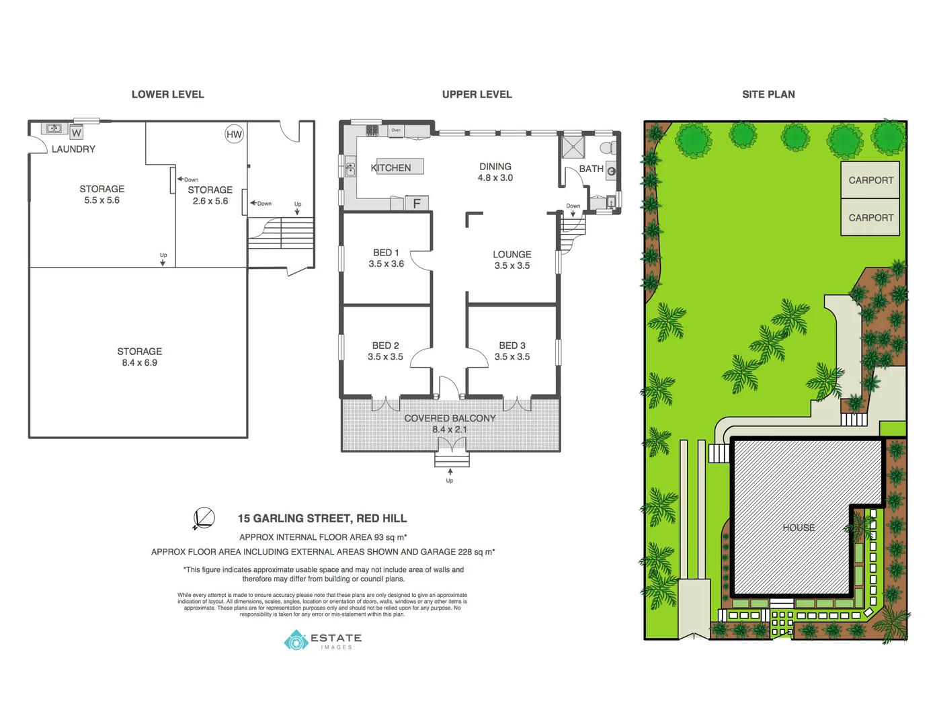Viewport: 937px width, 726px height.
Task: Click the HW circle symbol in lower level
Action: click(x=234, y=134)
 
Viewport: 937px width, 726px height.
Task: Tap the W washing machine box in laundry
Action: click(x=77, y=132)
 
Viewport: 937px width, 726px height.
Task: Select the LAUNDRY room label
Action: click(x=73, y=149)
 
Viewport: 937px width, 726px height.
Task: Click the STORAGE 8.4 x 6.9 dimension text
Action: click(x=139, y=363)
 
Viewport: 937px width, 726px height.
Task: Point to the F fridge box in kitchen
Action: click(x=417, y=203)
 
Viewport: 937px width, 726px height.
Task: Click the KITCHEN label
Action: click(x=391, y=168)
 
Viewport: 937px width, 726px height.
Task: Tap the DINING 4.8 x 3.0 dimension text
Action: click(x=495, y=178)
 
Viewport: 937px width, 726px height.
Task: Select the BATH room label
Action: click(x=591, y=169)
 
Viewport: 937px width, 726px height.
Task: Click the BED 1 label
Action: click(x=386, y=253)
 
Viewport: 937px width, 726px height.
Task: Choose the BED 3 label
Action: click(x=512, y=346)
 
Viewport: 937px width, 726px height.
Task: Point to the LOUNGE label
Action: click(x=512, y=255)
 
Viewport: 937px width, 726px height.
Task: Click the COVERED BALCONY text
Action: click(x=450, y=418)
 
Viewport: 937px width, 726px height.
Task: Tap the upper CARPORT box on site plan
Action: click(x=870, y=180)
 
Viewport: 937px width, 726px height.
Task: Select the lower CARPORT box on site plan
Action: click(x=870, y=218)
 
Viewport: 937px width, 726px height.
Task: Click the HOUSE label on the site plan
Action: click(x=799, y=528)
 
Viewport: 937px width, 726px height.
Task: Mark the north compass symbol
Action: click(x=204, y=518)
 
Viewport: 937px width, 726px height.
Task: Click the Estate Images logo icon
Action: click(x=296, y=641)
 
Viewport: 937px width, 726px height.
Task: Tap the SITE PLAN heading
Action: click(x=768, y=95)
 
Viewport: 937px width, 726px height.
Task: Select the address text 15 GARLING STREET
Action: click(x=322, y=518)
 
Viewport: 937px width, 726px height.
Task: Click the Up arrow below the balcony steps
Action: click(x=450, y=473)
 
